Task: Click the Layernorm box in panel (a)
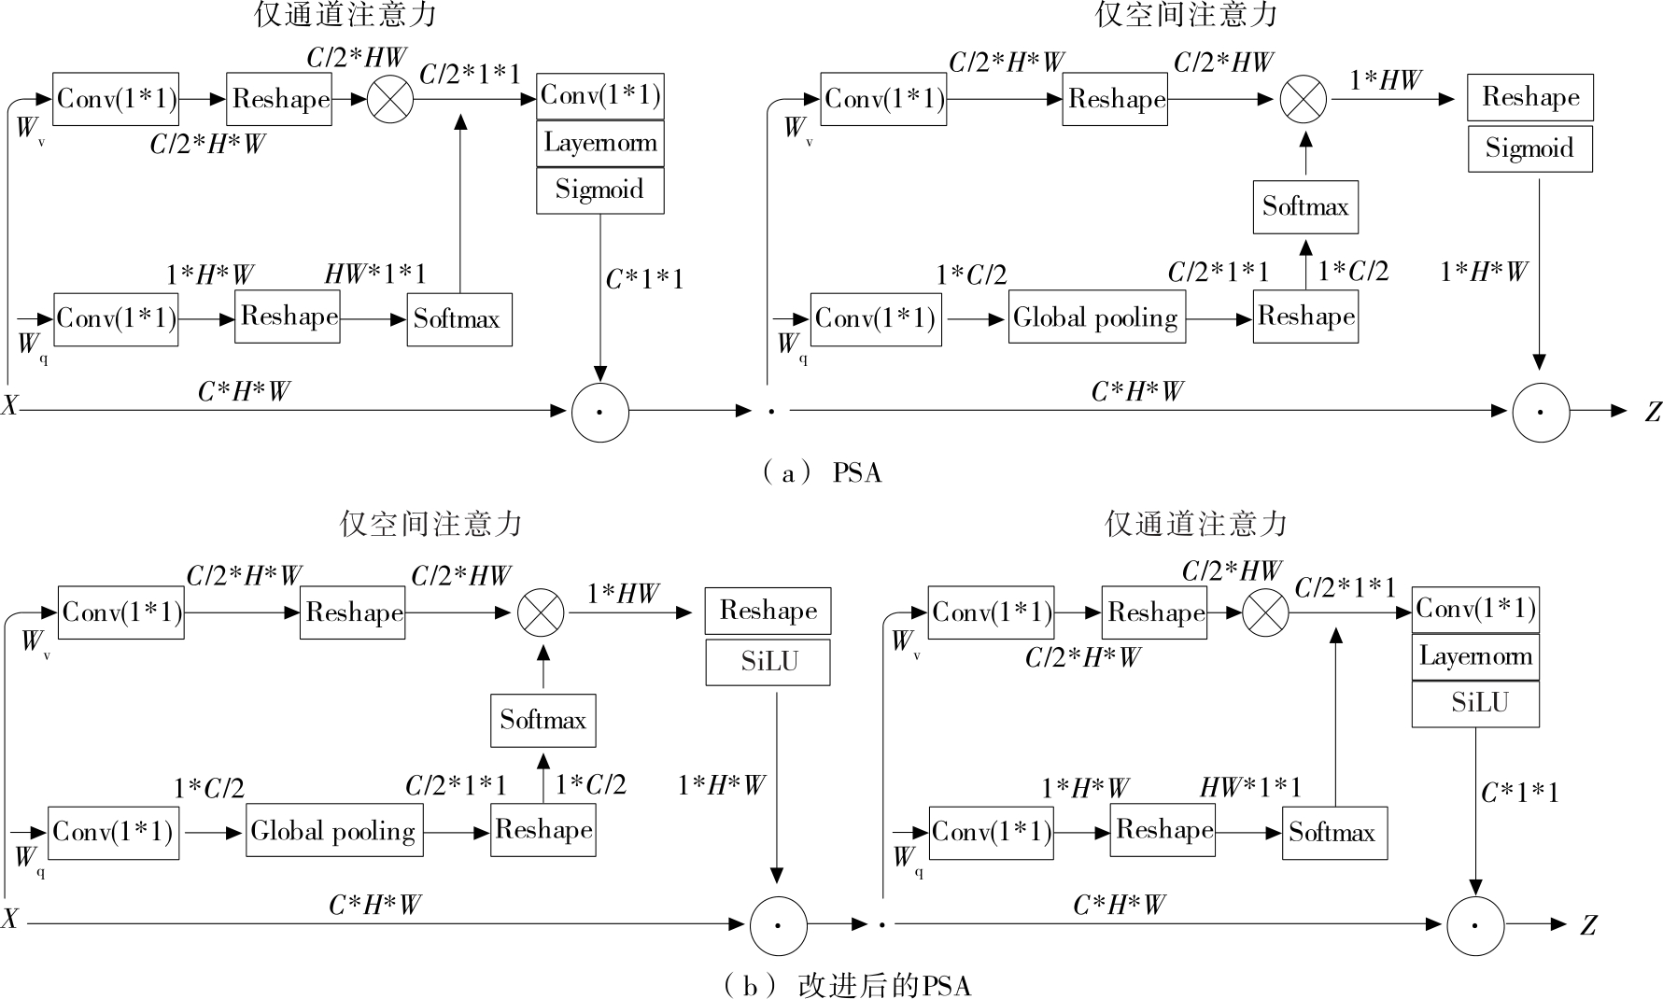(x=600, y=144)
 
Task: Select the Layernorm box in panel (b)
(x=1475, y=656)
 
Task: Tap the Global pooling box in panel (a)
(x=1096, y=317)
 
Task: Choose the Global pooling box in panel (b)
(x=333, y=831)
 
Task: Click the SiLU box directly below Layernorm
(x=1475, y=703)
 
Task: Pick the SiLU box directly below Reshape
(x=768, y=662)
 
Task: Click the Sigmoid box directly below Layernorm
(x=600, y=190)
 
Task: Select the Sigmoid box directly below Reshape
(x=1529, y=148)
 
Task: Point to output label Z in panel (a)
(x=1652, y=412)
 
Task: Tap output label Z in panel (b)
(x=1588, y=925)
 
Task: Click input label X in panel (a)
(x=9, y=406)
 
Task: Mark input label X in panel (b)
(x=9, y=920)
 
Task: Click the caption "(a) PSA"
(x=822, y=473)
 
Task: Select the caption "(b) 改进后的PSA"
(x=847, y=986)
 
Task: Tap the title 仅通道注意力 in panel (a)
(x=345, y=14)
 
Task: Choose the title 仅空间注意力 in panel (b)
(x=430, y=525)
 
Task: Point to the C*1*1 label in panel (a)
(x=644, y=279)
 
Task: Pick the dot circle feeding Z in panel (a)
(x=1541, y=412)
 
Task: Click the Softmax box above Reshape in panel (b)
(x=543, y=720)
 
